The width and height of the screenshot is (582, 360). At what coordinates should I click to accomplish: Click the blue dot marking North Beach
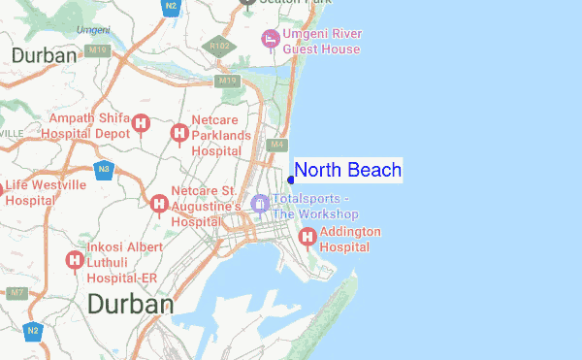291,180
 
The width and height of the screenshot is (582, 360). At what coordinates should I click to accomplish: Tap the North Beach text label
347,171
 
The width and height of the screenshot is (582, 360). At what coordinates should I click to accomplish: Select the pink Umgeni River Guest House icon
271,39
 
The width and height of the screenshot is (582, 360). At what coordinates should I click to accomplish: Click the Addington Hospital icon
307,236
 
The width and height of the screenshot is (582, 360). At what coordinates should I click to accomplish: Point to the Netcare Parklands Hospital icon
178,133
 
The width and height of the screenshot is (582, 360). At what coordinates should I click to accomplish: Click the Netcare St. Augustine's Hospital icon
158,203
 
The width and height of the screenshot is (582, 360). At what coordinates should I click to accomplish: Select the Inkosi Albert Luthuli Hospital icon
73,260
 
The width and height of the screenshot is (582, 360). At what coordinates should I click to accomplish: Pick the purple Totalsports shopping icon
259,204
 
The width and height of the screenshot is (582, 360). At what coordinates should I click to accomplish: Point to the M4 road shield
277,145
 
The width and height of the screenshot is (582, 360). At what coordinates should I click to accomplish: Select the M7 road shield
16,291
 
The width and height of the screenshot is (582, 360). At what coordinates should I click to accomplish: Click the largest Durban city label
130,305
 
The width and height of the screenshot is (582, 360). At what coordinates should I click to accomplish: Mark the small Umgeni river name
92,30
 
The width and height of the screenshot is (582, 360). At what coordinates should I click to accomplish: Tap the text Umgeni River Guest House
322,40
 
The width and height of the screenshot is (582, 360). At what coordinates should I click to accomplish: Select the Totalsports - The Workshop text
315,207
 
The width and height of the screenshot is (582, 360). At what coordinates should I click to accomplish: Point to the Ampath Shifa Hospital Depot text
89,125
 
